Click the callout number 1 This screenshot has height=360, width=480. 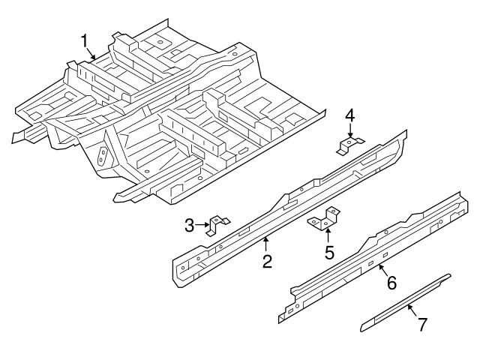(x=85, y=39)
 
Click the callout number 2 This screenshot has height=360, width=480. (x=265, y=261)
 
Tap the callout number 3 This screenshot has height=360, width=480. (x=190, y=223)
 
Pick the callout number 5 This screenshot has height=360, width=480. (x=328, y=252)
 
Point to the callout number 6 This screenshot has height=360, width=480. (x=391, y=283)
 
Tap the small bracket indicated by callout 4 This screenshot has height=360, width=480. (x=350, y=145)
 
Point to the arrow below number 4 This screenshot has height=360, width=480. (x=350, y=130)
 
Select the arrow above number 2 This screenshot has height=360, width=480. (x=265, y=244)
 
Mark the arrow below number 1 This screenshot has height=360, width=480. (x=91, y=53)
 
